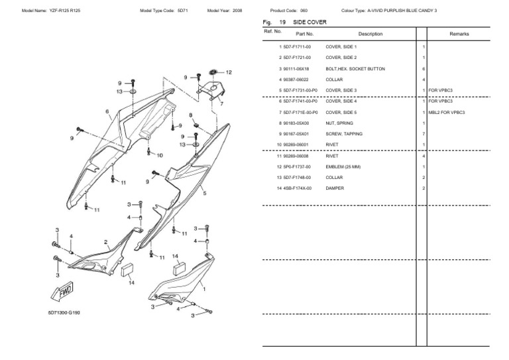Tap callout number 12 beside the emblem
pyautogui.click(x=229, y=72)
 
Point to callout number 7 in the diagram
pyautogui.click(x=221, y=104)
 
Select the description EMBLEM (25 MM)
pyautogui.click(x=343, y=166)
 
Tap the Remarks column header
pyautogui.click(x=459, y=33)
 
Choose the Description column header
pyautogui.click(x=370, y=33)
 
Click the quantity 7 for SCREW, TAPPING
pyautogui.click(x=423, y=134)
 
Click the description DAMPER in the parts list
pyautogui.click(x=334, y=188)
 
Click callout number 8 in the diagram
pyautogui.click(x=190, y=115)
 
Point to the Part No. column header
pyautogui.click(x=305, y=33)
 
